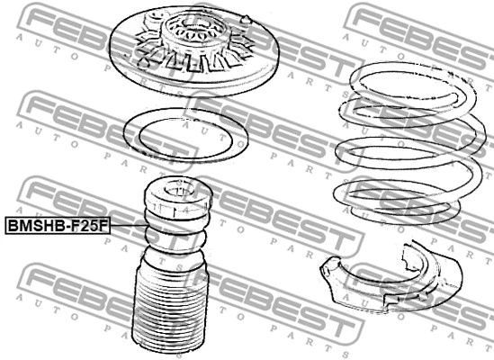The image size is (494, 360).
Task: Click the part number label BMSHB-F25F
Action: coord(57,226)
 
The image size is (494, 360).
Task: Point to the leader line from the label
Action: coord(125,226)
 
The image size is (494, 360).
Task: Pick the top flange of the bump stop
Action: coord(178,197)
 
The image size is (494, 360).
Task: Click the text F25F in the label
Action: coord(87,226)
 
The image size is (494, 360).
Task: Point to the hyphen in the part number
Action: coord(65,226)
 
